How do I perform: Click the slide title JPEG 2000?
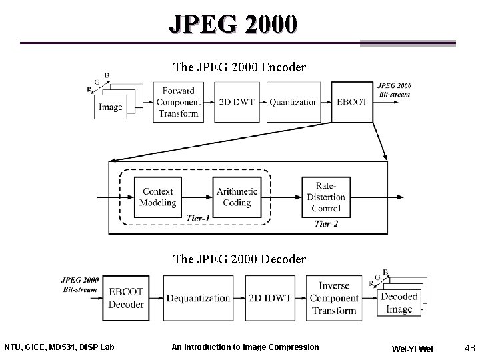[x=233, y=24]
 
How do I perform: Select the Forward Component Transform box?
[x=178, y=102]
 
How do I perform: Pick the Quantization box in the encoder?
[x=293, y=102]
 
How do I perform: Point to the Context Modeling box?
[x=159, y=197]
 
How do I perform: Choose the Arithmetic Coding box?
[x=237, y=197]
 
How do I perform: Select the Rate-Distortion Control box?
[x=326, y=197]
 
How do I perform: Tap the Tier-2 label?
[x=326, y=224]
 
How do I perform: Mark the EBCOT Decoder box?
[x=126, y=298]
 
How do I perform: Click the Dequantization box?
[x=198, y=298]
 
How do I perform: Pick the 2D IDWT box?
[x=269, y=298]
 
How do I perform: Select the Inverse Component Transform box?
[x=334, y=298]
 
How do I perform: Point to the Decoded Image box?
[x=399, y=303]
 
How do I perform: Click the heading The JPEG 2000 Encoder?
[x=239, y=67]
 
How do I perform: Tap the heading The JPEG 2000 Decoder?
[x=239, y=259]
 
